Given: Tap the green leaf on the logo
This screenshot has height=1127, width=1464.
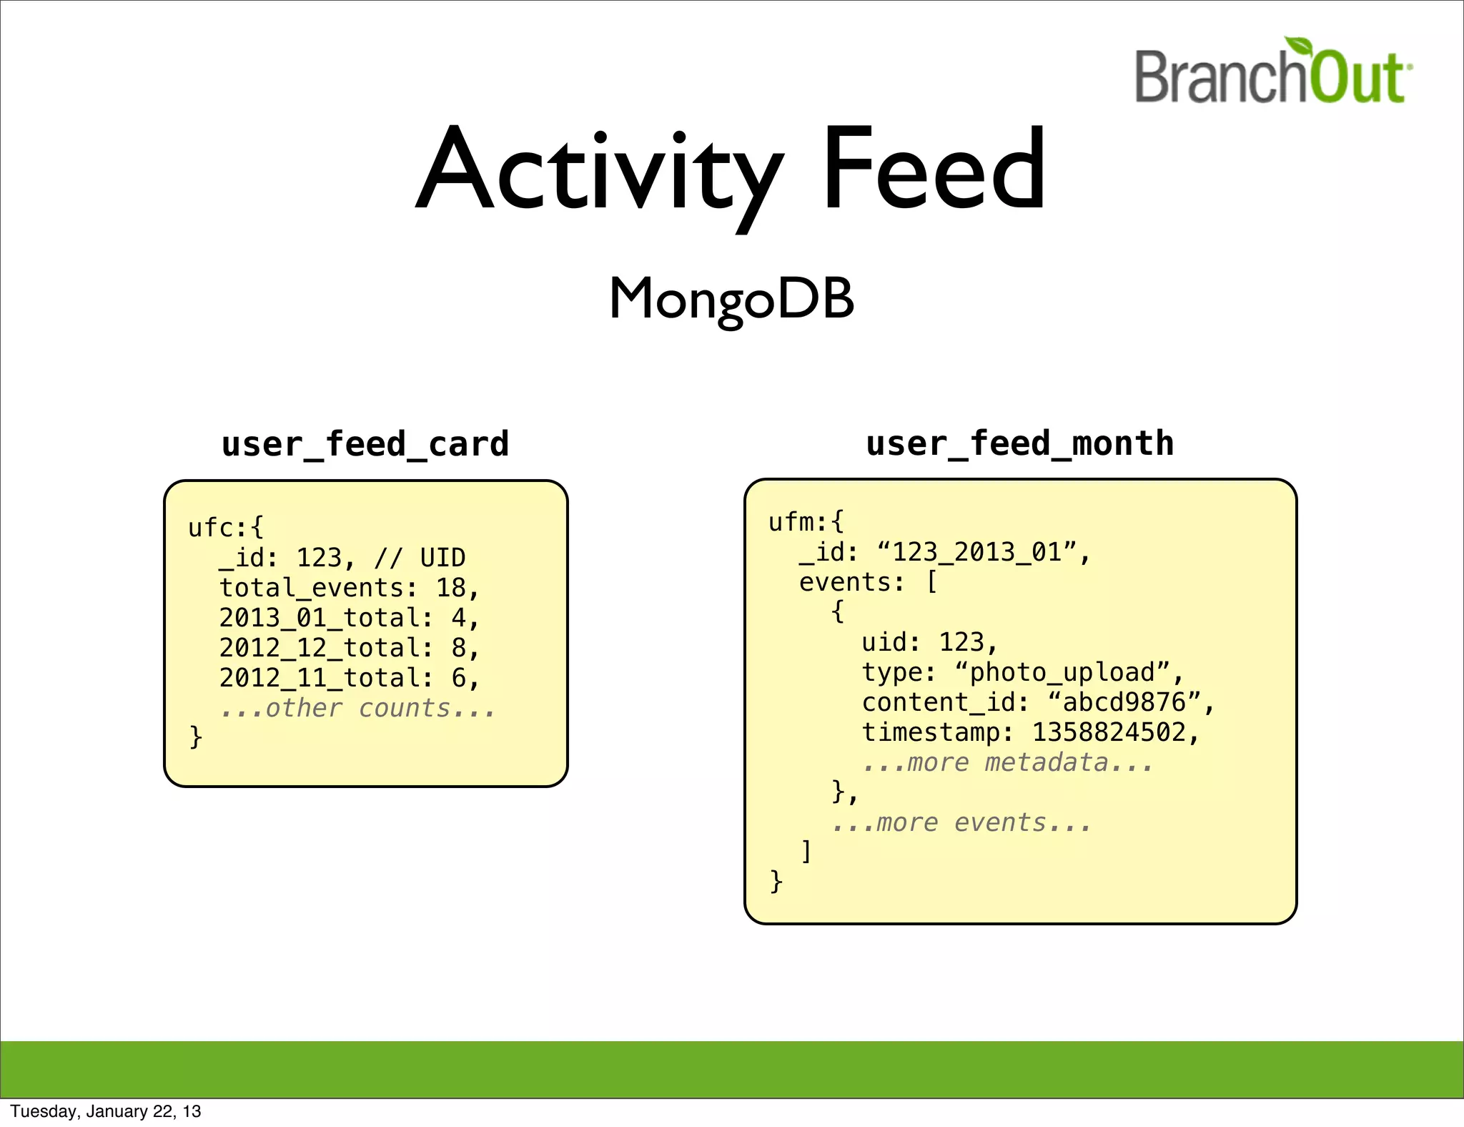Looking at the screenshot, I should click(1300, 47).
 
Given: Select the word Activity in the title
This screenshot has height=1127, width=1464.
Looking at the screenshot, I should click(599, 172).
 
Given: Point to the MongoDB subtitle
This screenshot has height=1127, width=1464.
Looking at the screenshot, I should click(731, 299).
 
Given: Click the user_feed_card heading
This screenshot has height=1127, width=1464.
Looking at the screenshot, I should click(365, 444).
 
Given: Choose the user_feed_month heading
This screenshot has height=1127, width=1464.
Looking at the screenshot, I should click(1020, 443).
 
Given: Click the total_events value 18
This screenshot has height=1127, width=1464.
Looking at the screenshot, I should click(450, 588).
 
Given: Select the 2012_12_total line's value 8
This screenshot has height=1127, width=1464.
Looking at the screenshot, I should click(458, 648).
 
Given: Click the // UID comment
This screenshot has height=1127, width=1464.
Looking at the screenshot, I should click(420, 558).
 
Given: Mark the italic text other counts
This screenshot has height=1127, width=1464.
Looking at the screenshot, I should click(357, 708).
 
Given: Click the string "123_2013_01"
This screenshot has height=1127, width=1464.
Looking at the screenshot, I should click(976, 552).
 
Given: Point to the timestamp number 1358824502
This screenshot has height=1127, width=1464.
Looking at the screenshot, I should click(1109, 732).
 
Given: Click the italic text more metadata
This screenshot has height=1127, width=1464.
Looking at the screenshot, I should click(1008, 762).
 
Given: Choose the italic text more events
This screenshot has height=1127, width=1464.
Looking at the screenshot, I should click(961, 822).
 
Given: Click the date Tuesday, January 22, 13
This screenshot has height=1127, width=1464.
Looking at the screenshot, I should click(106, 1111).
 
